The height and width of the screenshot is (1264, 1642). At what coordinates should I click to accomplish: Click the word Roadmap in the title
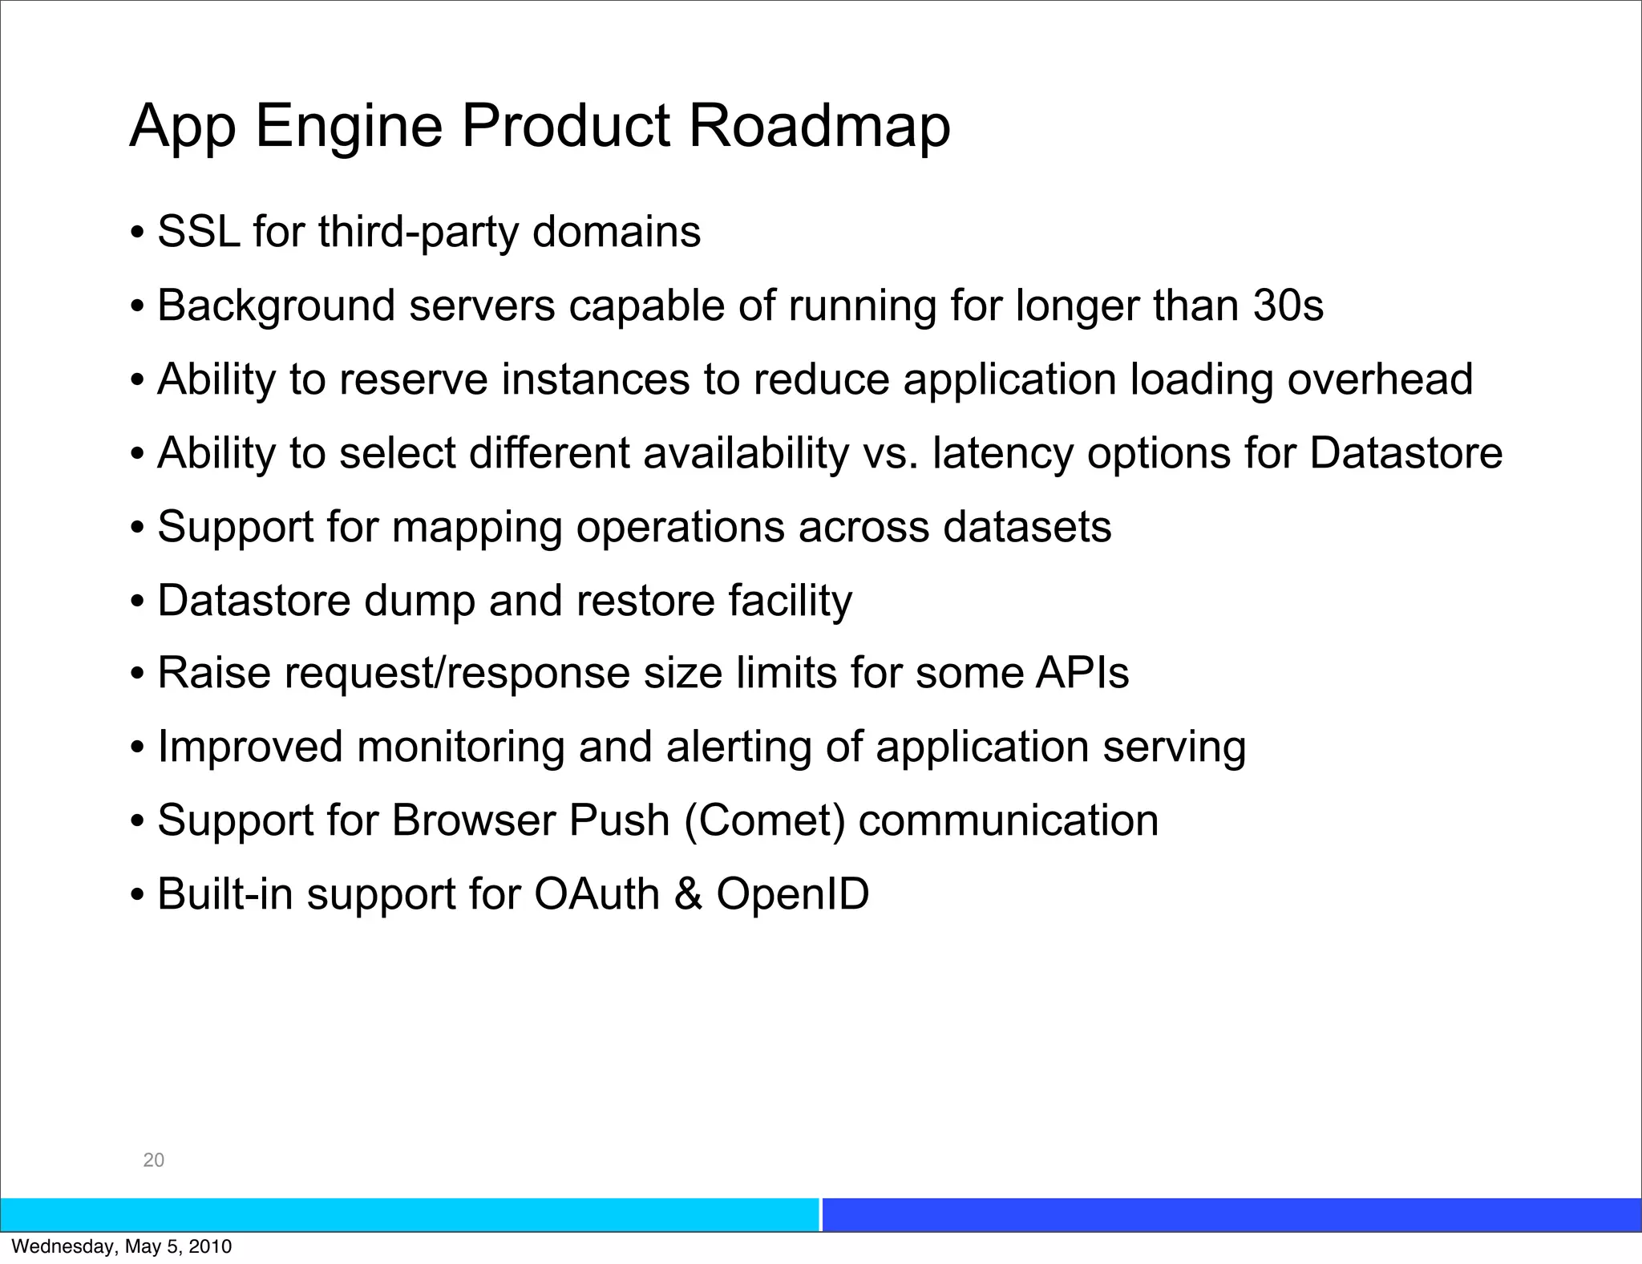point(819,126)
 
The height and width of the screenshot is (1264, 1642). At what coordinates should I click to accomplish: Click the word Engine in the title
point(348,126)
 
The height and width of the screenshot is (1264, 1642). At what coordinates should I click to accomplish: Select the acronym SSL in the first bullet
point(198,232)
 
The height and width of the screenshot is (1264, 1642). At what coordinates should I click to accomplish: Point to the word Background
point(277,306)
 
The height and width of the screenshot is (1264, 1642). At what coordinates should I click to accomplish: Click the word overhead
point(1380,379)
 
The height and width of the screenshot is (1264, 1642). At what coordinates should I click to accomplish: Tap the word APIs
point(1082,673)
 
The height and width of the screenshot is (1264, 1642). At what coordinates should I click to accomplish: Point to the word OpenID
point(792,894)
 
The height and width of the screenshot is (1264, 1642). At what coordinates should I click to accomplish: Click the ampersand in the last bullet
point(688,894)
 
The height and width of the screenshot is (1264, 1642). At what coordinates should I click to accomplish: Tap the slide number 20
point(153,1160)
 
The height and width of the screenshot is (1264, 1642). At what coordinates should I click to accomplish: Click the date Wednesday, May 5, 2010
point(121,1246)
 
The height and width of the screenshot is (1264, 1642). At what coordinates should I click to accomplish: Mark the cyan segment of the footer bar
point(409,1214)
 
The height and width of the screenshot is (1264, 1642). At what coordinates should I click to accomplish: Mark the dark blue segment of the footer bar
point(1231,1214)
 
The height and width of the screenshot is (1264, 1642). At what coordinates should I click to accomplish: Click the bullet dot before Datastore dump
point(137,602)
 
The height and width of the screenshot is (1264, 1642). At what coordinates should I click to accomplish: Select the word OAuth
point(597,894)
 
